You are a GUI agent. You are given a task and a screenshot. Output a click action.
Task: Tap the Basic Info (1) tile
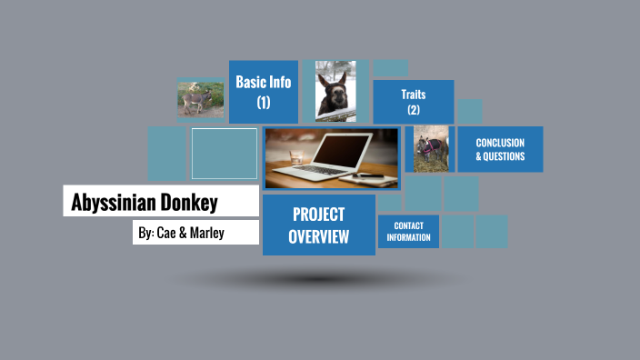coord(264,91)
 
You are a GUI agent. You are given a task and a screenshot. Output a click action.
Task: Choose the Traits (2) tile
coord(414,102)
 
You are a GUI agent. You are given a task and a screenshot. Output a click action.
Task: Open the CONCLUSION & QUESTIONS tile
coord(500,149)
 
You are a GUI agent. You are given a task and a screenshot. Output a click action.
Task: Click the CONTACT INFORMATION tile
coord(409,231)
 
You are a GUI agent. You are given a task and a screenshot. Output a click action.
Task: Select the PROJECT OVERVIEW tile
coord(318,225)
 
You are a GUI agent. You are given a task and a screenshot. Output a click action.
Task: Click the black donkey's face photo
coord(335,91)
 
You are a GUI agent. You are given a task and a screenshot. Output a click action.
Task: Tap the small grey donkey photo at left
coord(200,98)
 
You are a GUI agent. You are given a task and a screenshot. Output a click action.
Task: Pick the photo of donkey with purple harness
coord(432,149)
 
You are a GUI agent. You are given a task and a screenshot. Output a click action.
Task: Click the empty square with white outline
coord(224,153)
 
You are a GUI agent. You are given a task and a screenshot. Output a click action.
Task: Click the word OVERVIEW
coord(318,237)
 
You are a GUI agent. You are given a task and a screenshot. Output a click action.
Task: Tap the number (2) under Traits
coord(414,110)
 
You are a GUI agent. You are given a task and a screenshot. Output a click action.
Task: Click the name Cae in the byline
coord(165,233)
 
